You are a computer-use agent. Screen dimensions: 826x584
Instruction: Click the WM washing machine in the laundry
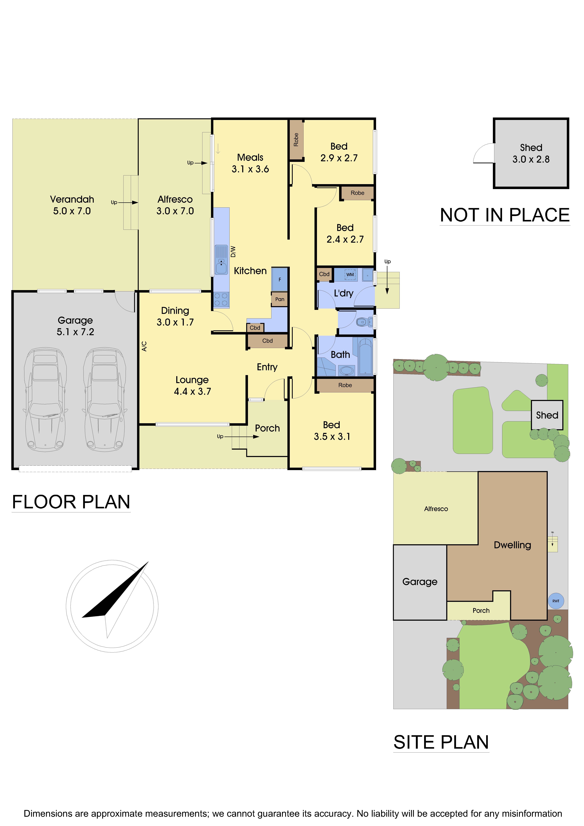point(350,275)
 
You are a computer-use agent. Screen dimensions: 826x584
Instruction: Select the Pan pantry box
point(280,299)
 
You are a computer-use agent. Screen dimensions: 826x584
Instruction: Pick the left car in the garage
point(45,399)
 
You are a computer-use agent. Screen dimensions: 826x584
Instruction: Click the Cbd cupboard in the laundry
point(324,274)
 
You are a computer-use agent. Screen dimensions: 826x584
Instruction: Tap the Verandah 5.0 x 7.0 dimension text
point(72,211)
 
